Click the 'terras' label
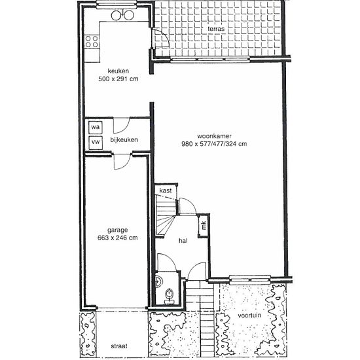click(216, 29)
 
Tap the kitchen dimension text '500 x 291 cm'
click(118, 79)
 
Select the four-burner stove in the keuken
click(92, 41)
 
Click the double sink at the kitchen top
click(122, 15)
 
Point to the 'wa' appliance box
click(96, 127)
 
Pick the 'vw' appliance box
click(96, 143)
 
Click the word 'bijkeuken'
click(124, 139)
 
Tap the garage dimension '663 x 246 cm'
click(118, 238)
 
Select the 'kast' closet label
click(166, 190)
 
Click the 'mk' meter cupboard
click(204, 225)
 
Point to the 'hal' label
click(183, 241)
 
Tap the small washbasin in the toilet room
click(159, 281)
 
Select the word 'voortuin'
click(249, 315)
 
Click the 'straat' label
click(119, 346)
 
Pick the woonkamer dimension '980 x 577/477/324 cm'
click(214, 144)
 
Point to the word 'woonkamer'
click(214, 136)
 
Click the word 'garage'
click(118, 230)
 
